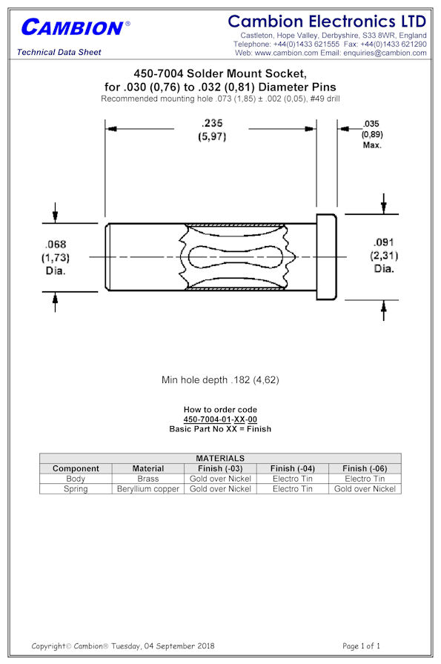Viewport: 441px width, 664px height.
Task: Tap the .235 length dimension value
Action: pos(212,130)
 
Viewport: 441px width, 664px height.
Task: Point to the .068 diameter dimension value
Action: pos(56,257)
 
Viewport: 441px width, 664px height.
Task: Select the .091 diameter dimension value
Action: pos(384,256)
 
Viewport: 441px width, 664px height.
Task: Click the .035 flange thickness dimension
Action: pos(371,134)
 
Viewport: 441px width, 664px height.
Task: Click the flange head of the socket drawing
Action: pos(327,257)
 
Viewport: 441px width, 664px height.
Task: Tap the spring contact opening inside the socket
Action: pos(236,256)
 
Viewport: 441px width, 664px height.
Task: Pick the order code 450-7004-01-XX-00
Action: pos(220,419)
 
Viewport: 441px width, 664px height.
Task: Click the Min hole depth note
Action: pos(220,380)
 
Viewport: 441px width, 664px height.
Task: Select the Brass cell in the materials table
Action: pos(147,479)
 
